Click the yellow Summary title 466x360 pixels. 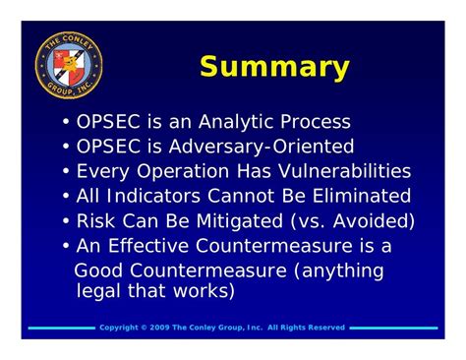pyautogui.click(x=274, y=67)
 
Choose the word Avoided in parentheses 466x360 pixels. pyautogui.click(x=377, y=220)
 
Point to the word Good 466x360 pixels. pyautogui.click(x=100, y=270)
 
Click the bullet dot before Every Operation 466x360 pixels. pyautogui.click(x=66, y=172)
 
